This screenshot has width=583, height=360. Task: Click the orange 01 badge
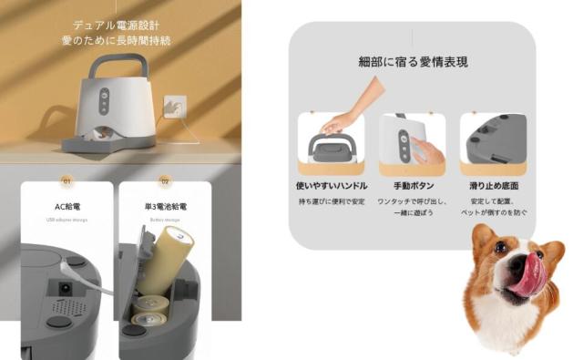[x=66, y=180]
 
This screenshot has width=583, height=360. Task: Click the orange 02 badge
[x=165, y=180]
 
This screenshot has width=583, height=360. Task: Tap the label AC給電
[x=67, y=207]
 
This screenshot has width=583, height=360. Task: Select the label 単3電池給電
[x=165, y=207]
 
